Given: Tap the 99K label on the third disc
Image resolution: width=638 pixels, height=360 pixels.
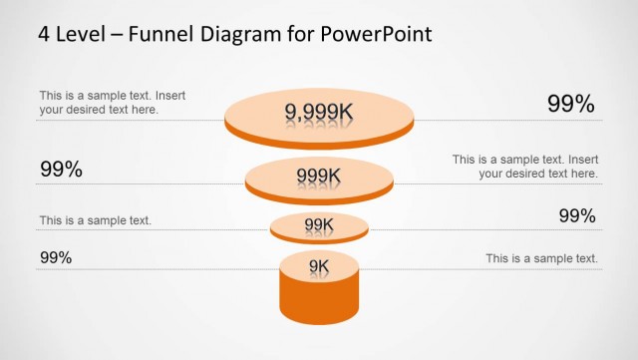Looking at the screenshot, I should click(319, 225).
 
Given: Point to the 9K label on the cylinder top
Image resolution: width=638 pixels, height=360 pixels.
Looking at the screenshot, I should click(319, 265).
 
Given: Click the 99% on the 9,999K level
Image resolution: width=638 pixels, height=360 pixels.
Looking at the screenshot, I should click(571, 103).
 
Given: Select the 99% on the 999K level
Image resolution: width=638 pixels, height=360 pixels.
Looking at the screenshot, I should click(61, 170).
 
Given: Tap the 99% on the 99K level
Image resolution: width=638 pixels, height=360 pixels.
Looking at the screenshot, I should click(576, 216).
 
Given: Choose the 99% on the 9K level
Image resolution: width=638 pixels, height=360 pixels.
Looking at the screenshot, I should click(56, 257).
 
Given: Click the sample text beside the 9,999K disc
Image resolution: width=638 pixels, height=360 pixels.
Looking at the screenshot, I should click(112, 103).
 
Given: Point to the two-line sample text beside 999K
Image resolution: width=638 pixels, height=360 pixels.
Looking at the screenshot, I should click(525, 166).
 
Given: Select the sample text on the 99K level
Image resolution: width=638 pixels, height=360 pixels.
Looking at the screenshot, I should click(96, 219).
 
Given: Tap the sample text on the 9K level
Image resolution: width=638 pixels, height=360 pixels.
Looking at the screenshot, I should click(542, 258).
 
